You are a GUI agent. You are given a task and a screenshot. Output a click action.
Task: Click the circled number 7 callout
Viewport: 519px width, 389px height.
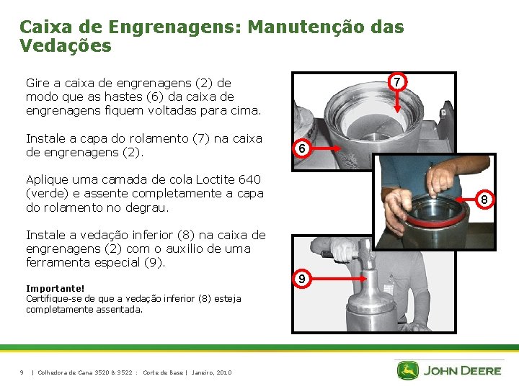397,81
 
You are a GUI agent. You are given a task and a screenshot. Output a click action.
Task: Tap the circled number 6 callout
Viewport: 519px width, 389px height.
301,148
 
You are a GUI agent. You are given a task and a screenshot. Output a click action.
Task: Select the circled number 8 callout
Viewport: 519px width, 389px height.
484,200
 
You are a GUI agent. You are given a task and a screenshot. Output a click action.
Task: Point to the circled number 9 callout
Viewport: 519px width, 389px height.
301,279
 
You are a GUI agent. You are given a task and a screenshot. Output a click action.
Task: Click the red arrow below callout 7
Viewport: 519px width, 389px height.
397,102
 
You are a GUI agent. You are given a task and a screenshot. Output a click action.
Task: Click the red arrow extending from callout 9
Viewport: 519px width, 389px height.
339,279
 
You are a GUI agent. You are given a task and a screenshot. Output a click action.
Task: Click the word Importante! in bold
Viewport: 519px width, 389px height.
56,288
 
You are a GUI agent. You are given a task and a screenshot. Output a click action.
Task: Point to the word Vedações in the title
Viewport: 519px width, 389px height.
66,45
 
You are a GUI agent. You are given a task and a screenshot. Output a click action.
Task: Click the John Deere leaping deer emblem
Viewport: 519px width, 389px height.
408,370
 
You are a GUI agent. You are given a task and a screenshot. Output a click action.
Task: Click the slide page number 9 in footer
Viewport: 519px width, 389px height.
22,373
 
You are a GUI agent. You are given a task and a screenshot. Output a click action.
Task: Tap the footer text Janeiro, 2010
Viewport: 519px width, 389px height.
211,373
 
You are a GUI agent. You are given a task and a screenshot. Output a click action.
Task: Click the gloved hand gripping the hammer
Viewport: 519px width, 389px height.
342,250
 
